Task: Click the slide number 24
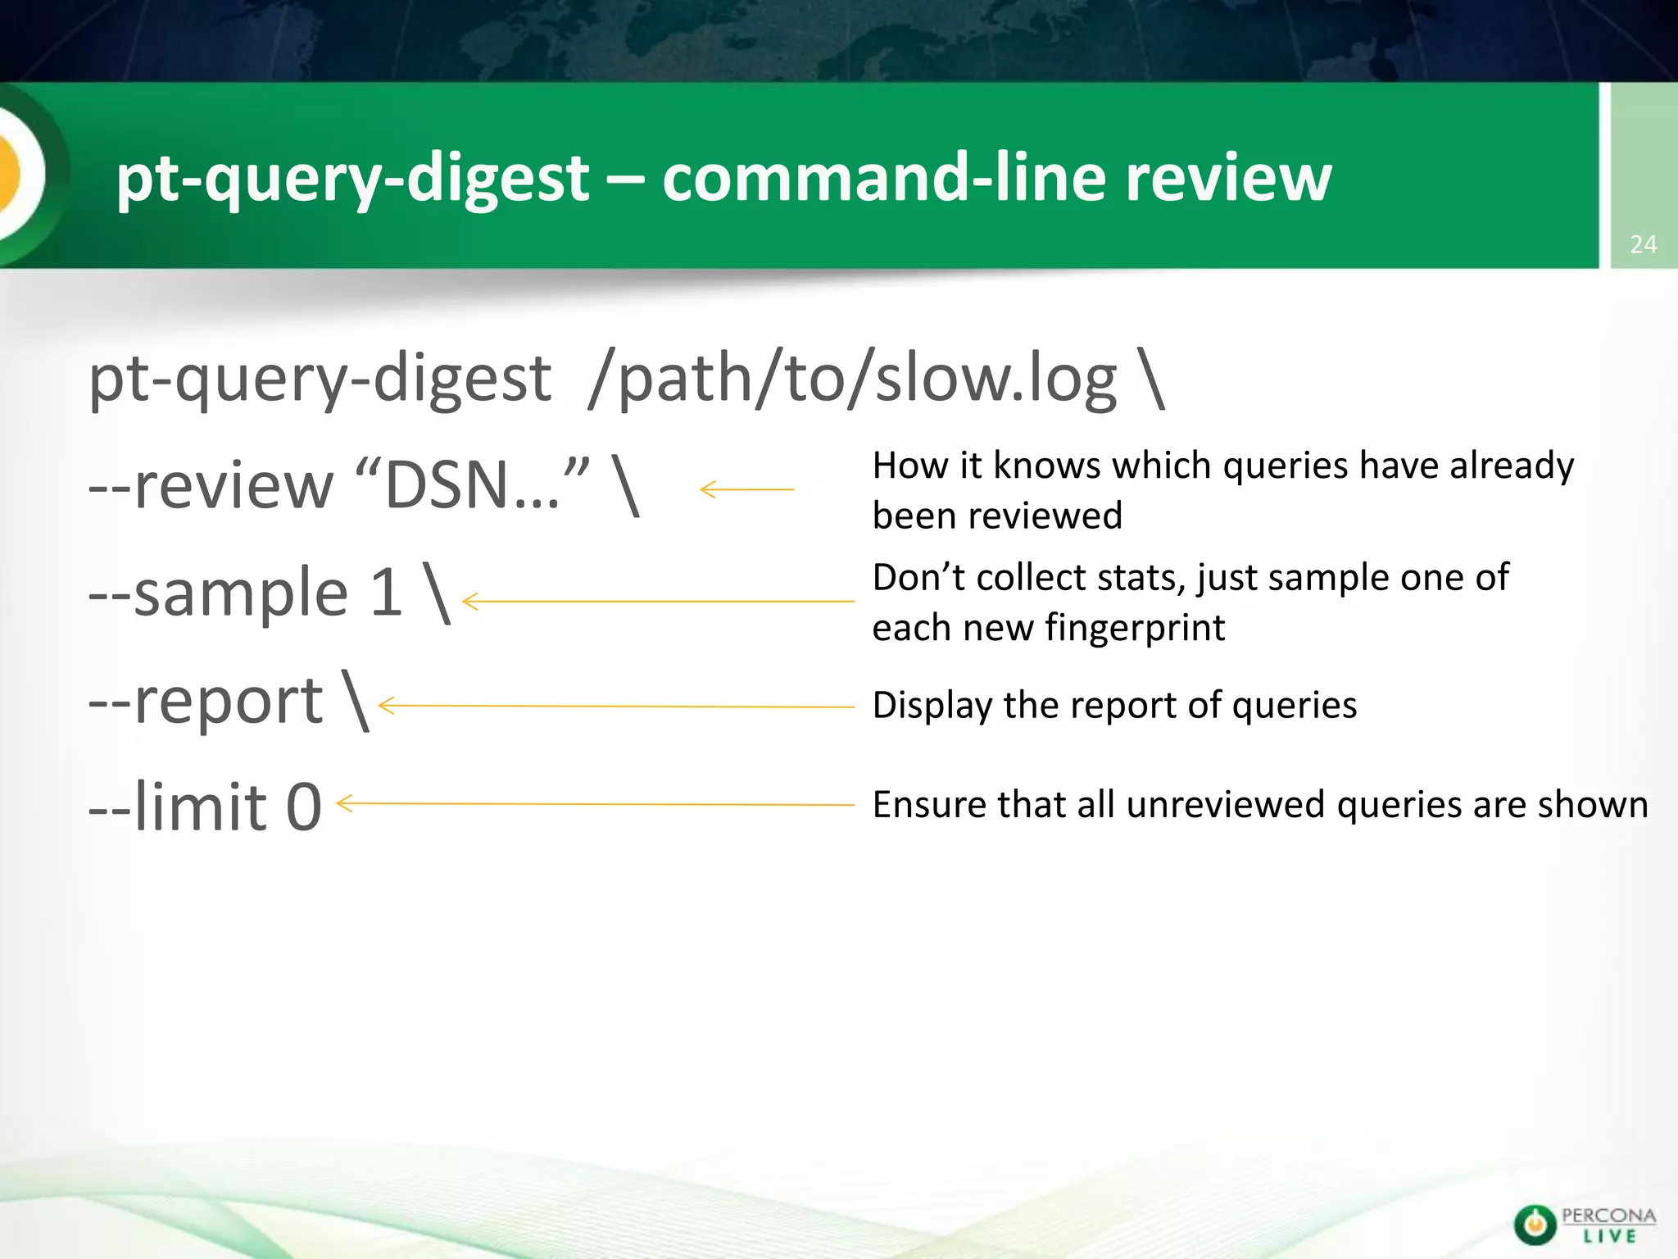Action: tap(1643, 244)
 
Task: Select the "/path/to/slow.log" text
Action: tap(852, 380)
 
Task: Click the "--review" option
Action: tap(211, 485)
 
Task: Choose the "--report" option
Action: tap(206, 701)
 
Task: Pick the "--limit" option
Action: tap(178, 807)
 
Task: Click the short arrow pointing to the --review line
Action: tap(746, 489)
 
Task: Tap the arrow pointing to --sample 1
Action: tap(658, 602)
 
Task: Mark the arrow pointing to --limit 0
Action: tap(595, 804)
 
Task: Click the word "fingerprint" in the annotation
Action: tap(1135, 629)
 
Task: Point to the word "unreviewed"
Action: tap(1227, 805)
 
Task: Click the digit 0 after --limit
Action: tap(303, 807)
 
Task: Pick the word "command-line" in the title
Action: tap(883, 177)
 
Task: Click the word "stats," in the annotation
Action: tap(1141, 578)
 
